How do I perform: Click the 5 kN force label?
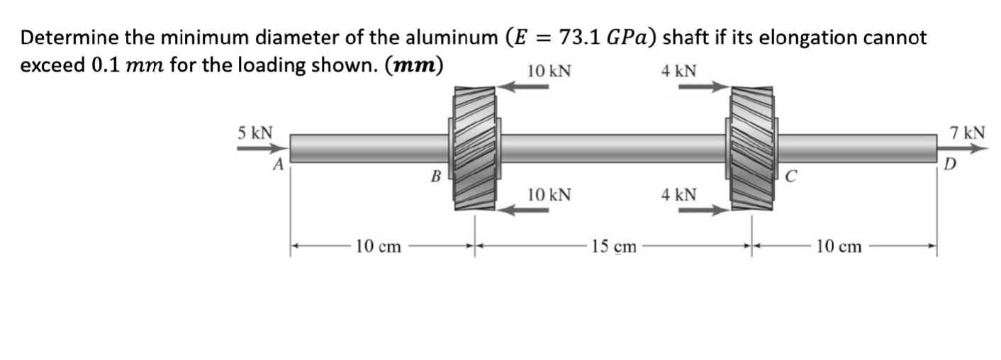[254, 133]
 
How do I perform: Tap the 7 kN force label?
[967, 133]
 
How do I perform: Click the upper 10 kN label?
[549, 71]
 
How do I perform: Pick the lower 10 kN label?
[549, 194]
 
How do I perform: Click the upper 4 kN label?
[678, 71]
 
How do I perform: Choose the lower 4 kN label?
[678, 194]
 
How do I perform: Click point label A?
[279, 165]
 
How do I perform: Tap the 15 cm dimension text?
[614, 247]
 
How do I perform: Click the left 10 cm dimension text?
[378, 247]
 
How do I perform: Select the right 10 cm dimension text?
[839, 247]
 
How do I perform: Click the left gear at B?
[474, 149]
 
